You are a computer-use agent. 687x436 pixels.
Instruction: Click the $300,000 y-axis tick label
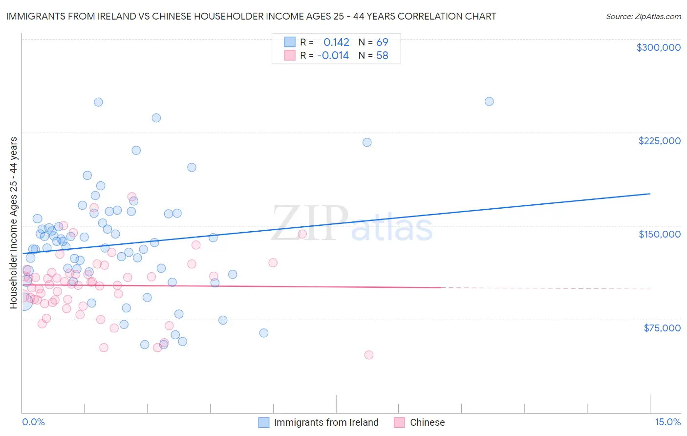(658, 47)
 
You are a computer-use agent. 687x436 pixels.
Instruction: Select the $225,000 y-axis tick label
(659, 141)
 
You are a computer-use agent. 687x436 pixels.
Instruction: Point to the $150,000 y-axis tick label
(659, 234)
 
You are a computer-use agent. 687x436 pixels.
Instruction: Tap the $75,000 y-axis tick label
(662, 328)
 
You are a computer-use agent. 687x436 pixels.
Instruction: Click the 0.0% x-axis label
(33, 422)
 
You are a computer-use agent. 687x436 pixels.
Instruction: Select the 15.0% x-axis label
(667, 422)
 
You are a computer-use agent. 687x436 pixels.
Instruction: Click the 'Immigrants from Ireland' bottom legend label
(326, 422)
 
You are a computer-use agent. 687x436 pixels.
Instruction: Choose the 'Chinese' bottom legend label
(427, 422)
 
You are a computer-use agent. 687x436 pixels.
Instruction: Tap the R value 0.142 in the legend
(336, 43)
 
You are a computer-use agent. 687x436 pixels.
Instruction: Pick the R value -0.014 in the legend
(333, 56)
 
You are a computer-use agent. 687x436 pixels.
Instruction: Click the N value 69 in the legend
(382, 43)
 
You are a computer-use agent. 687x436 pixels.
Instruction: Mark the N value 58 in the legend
(382, 56)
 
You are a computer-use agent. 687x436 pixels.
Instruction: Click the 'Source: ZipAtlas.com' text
(643, 17)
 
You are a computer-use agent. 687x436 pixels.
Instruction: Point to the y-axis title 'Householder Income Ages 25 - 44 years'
(14, 223)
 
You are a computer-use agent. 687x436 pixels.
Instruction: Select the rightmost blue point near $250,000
(489, 102)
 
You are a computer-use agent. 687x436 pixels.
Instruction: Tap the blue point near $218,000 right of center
(367, 142)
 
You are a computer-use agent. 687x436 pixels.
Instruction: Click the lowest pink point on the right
(369, 355)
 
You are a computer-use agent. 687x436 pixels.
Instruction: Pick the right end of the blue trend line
(650, 194)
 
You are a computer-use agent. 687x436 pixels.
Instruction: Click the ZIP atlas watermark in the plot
(352, 224)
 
